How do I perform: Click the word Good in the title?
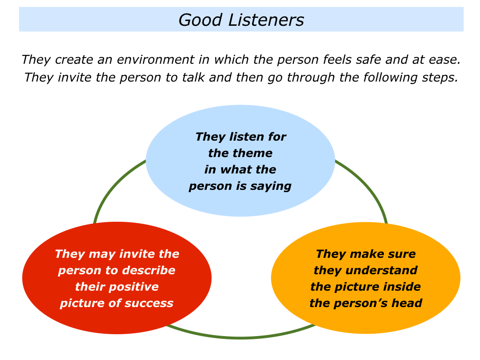[200, 20]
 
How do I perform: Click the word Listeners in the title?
[266, 20]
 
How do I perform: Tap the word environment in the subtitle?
[156, 60]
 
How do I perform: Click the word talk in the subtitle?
[193, 77]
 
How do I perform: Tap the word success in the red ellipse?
[149, 303]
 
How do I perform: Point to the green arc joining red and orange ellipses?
[240, 337]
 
